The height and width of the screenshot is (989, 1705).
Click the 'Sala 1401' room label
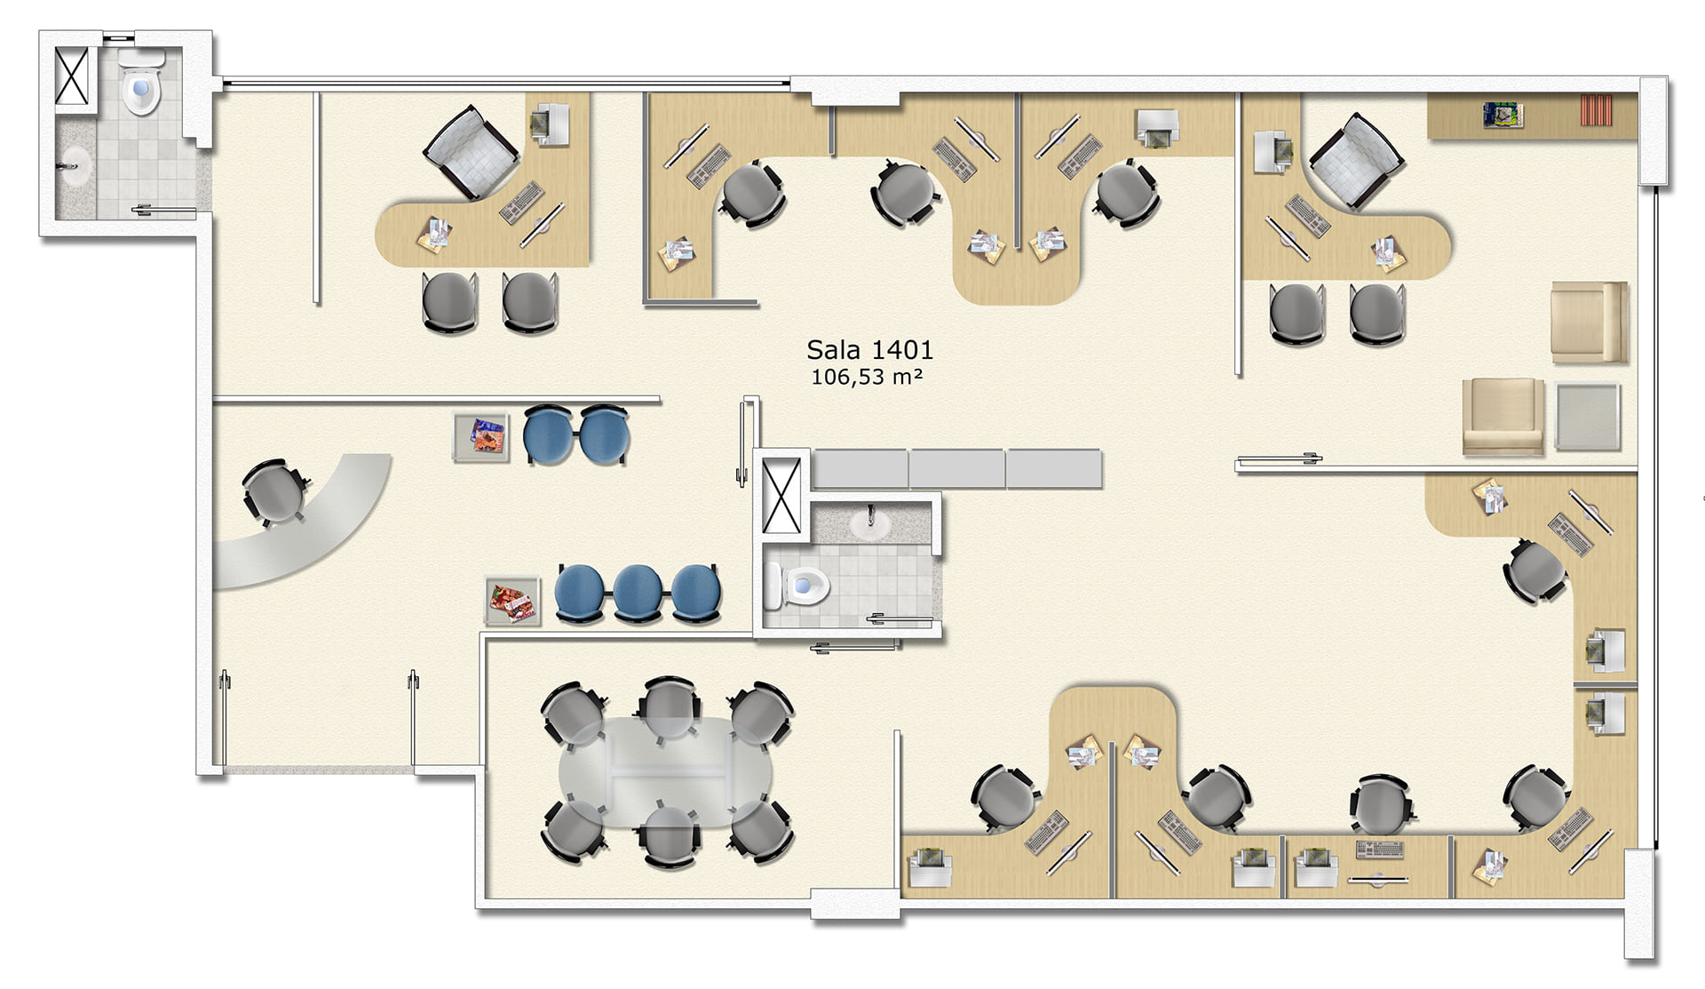click(869, 350)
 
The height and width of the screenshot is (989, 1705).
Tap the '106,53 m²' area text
click(867, 377)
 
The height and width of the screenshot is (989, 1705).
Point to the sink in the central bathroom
click(870, 523)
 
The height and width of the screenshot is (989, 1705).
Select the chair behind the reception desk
click(274, 492)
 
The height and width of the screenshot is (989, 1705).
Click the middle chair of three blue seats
click(637, 592)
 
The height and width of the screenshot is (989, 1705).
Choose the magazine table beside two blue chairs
click(481, 437)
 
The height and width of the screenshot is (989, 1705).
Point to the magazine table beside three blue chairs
click(512, 602)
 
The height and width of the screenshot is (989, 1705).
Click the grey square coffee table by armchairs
click(1588, 417)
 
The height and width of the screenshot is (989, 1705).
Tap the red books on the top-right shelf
click(1596, 110)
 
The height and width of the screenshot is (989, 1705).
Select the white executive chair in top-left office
click(471, 151)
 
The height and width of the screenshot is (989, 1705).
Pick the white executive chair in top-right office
click(1355, 161)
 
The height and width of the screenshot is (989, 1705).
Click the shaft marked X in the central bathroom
click(781, 495)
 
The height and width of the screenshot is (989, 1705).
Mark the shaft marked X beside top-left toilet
click(72, 76)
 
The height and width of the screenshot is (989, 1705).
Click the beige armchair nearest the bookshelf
click(1589, 323)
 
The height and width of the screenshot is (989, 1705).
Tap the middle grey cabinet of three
click(956, 468)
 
